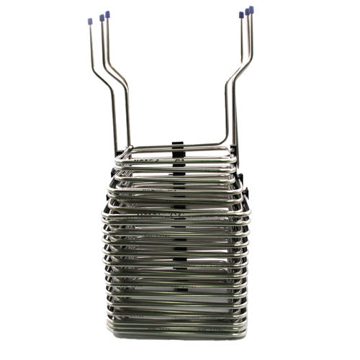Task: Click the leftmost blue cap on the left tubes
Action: [90, 21]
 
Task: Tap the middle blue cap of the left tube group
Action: [102, 17]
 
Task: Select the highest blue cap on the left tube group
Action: [108, 14]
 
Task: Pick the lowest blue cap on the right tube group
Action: [241, 14]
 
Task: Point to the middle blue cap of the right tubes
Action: [247, 12]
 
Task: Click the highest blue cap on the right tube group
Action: [251, 9]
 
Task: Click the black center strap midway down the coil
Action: [177, 245]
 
